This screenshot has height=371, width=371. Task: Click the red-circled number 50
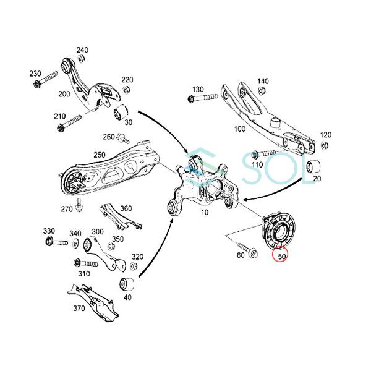(x=281, y=254)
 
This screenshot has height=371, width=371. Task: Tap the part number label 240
(x=82, y=50)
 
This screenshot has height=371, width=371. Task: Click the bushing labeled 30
(x=121, y=113)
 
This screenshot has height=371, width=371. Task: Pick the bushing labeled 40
(x=127, y=285)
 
